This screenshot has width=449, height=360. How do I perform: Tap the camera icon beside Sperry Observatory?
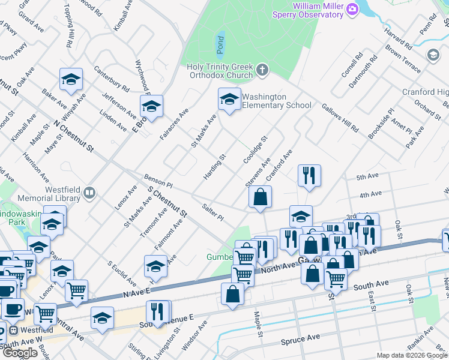point(352,8)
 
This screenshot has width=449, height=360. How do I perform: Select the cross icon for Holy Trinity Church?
point(262,71)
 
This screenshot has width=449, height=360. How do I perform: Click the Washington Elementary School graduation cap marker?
point(229,100)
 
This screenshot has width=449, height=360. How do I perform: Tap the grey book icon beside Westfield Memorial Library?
point(89,193)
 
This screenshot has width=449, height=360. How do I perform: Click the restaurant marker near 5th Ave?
point(309,175)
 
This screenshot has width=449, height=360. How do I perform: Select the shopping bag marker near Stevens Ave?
point(260,196)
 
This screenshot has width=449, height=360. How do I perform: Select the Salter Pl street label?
point(212,211)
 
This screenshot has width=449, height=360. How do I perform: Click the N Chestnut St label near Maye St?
point(74,135)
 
